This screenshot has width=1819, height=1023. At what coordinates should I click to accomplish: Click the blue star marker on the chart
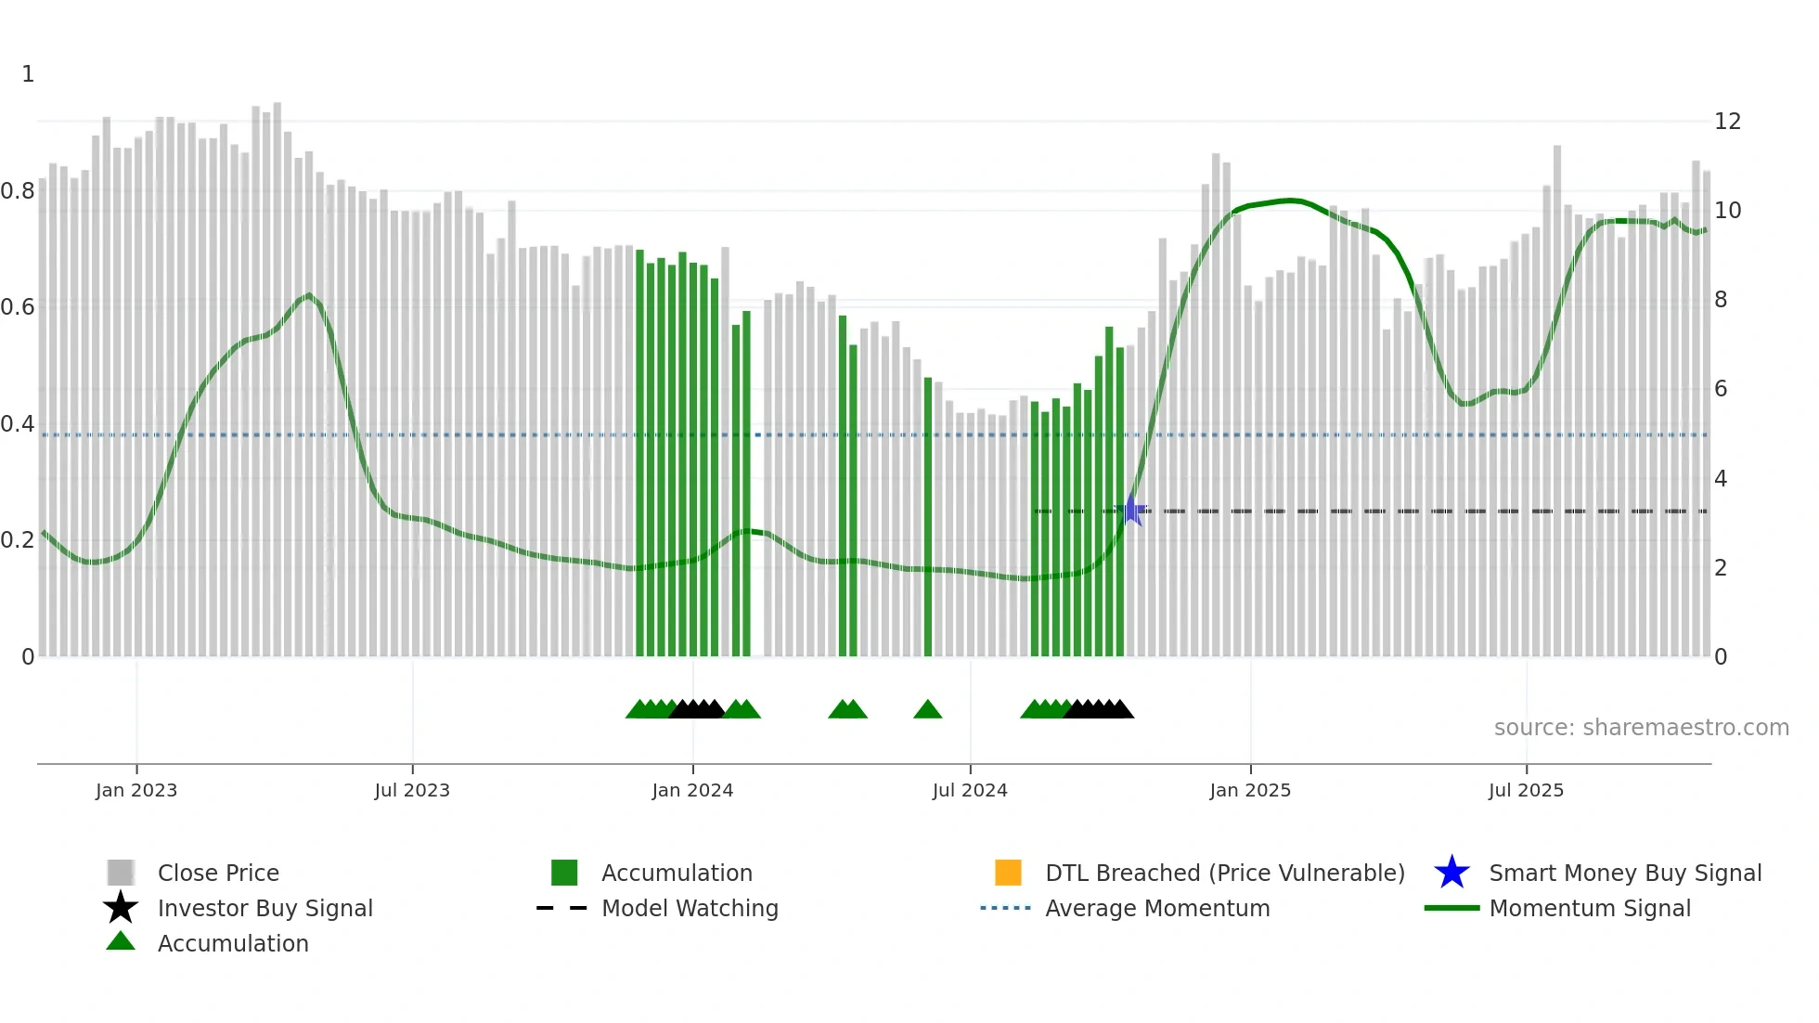click(1133, 511)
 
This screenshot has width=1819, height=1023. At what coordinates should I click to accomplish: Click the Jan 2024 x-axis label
click(692, 790)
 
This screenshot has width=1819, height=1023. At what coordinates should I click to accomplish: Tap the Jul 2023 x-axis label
click(412, 790)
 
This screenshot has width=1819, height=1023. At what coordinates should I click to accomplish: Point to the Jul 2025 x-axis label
click(1526, 790)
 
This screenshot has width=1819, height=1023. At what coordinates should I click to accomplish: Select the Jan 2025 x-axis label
click(1250, 790)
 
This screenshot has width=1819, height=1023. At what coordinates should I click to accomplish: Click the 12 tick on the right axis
click(1727, 122)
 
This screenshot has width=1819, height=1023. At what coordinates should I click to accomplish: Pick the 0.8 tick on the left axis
click(18, 191)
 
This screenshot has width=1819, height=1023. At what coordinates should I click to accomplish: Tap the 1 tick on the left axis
click(28, 74)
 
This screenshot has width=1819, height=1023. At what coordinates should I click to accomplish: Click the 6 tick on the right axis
click(1721, 389)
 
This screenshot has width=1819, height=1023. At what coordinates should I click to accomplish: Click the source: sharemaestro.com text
click(1641, 728)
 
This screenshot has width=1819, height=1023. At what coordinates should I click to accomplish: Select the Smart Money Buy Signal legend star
click(1451, 873)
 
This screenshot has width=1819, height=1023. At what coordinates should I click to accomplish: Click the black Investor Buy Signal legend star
click(121, 908)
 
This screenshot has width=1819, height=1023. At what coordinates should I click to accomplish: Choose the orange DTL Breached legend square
click(1008, 873)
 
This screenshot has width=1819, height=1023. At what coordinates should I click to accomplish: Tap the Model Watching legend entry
click(690, 908)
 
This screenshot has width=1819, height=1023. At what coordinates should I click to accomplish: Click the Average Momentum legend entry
click(1157, 908)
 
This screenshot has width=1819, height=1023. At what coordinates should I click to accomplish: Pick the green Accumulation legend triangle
click(121, 942)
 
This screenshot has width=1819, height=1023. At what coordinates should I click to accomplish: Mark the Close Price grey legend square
click(121, 873)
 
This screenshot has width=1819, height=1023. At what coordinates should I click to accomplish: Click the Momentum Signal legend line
click(1451, 908)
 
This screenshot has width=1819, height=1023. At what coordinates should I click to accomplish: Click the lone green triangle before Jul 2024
click(927, 710)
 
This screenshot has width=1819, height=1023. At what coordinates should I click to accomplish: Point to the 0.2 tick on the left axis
click(18, 540)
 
